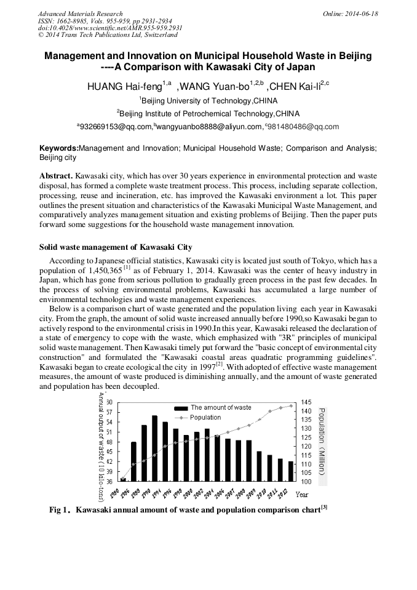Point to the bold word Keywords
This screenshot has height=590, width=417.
click(58, 148)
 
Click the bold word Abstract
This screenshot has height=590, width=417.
click(57, 175)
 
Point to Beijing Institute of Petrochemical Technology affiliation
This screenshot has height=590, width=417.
click(208, 113)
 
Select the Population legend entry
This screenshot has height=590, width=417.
click(205, 417)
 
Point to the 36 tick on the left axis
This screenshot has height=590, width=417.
click(108, 480)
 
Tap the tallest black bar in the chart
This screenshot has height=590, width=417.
click(154, 448)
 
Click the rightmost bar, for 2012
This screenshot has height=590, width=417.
click(291, 471)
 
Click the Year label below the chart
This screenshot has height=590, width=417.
click(302, 494)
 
